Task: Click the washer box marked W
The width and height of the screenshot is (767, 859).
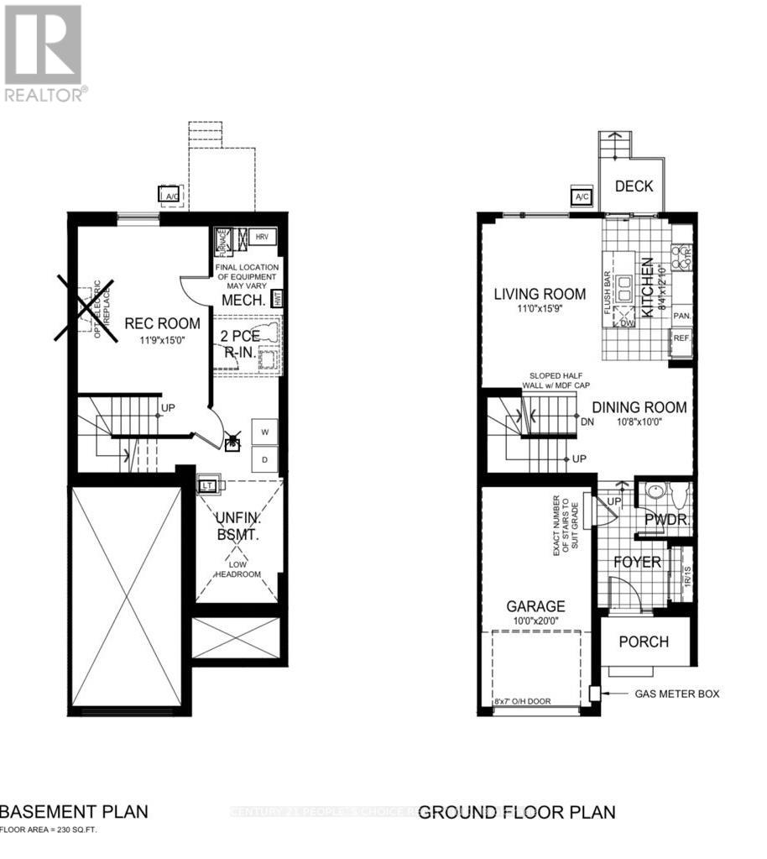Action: coord(264,432)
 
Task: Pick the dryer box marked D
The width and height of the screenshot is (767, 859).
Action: coord(264,458)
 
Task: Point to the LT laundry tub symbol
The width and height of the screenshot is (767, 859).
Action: coord(206,485)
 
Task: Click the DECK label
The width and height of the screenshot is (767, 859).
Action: coord(634,186)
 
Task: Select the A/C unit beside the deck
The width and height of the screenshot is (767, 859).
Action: coord(582,197)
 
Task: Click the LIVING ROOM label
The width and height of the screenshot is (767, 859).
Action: coord(540,294)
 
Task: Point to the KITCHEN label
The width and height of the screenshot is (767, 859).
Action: coord(647,287)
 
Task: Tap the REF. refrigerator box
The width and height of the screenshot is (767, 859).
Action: coord(682,339)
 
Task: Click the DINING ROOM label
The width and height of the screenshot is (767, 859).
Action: coord(639,408)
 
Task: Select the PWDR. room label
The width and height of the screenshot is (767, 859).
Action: coord(665,520)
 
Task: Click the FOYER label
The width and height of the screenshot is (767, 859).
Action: coord(636,563)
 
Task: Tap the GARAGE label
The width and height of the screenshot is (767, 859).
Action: coord(535,606)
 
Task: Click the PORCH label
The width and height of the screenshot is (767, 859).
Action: coord(644,642)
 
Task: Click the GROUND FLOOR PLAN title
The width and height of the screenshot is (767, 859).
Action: coord(517,812)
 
